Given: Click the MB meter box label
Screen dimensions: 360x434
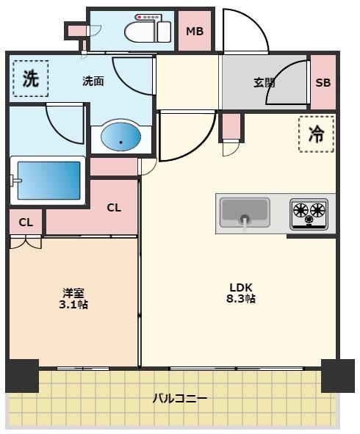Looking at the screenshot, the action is click(x=195, y=32).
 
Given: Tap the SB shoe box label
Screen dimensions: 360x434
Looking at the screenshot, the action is click(x=323, y=82).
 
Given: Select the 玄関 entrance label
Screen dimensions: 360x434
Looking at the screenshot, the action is click(x=264, y=82).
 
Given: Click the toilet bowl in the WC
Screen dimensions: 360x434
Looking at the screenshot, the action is click(x=140, y=32).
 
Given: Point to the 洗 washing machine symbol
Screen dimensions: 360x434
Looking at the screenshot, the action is click(x=30, y=79).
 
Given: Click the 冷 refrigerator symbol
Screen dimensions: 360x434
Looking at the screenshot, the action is click(x=316, y=134).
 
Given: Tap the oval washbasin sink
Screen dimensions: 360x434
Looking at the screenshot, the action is click(x=121, y=136).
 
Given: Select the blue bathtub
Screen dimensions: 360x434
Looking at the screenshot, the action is click(x=49, y=181).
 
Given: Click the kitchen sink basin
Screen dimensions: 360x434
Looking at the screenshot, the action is click(x=245, y=212).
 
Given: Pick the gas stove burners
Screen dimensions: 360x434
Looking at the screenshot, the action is click(x=309, y=214).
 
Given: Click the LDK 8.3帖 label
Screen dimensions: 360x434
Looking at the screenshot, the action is click(x=241, y=293).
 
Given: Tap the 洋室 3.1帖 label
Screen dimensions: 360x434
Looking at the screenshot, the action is click(x=73, y=298).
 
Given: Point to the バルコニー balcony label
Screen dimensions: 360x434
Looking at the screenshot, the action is click(x=180, y=399).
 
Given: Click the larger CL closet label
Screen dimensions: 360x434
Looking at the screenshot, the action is click(x=114, y=208).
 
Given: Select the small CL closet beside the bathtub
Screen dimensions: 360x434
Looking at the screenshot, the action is click(x=26, y=223).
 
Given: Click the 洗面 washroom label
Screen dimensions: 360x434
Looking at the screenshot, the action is click(x=93, y=81).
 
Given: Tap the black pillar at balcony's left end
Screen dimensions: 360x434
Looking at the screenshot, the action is click(x=22, y=376).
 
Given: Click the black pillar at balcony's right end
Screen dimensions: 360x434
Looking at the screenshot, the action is click(x=338, y=376).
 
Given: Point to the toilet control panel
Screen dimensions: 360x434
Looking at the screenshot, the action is click(x=148, y=17).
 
